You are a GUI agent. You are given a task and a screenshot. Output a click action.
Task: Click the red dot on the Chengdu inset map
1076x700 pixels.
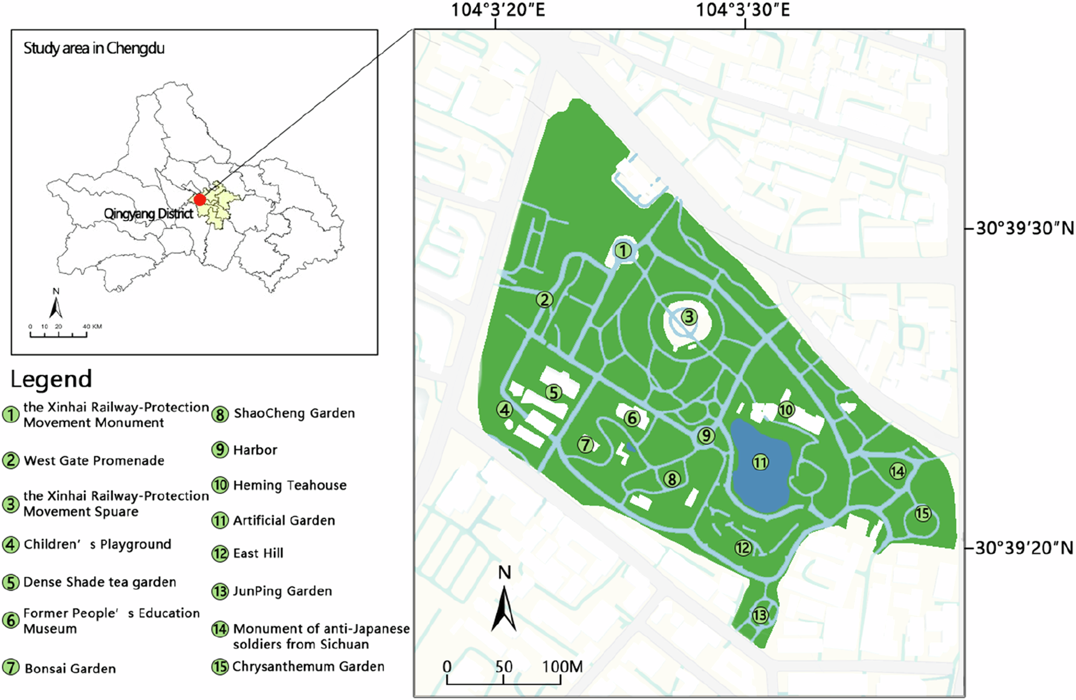tap(200, 200)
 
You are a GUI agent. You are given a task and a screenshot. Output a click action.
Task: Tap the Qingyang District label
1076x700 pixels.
tap(148, 214)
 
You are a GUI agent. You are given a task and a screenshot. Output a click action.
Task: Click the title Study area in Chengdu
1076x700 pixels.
tap(94, 49)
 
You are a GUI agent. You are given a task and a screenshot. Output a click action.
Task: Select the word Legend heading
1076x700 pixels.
tap(51, 379)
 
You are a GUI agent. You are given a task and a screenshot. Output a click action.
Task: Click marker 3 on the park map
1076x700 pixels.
tap(689, 317)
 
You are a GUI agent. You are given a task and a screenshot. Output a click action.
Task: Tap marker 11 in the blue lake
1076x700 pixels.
tap(760, 463)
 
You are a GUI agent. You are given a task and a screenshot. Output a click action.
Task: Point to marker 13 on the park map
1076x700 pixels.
tap(760, 615)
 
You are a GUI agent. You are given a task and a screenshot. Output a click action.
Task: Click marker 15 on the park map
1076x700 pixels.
tap(923, 513)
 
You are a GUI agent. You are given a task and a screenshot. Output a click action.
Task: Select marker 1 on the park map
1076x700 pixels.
tap(623, 251)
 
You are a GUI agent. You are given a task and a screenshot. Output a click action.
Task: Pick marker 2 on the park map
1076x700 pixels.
tap(545, 300)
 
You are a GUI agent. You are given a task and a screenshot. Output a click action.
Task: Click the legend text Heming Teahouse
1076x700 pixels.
tap(290, 485)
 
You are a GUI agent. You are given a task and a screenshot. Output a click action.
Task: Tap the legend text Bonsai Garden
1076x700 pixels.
tap(70, 669)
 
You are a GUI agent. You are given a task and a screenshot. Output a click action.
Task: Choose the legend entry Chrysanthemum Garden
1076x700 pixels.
tap(308, 667)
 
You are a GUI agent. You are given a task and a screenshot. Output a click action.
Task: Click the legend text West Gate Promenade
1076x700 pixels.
tap(94, 461)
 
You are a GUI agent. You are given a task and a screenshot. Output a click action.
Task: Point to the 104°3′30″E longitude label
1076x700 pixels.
tap(743, 10)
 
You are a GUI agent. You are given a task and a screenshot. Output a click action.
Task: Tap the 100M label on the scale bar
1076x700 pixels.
tap(563, 667)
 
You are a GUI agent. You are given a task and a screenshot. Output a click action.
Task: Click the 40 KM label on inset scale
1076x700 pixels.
tap(92, 327)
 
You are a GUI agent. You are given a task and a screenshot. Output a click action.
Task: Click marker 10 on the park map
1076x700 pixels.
tap(786, 410)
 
